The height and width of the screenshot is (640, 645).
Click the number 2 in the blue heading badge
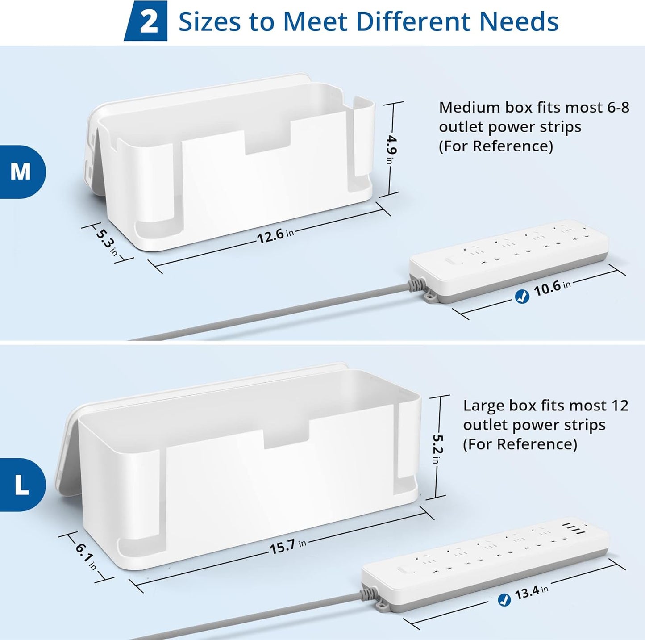148,21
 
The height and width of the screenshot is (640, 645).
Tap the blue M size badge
21,172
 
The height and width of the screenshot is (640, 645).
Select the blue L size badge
21,485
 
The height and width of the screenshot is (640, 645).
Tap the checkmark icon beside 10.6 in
522,297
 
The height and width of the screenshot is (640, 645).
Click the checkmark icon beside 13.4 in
504,600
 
